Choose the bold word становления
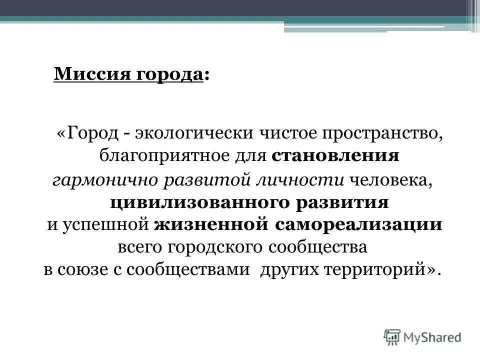335,156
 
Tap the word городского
205,247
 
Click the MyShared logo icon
393,336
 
